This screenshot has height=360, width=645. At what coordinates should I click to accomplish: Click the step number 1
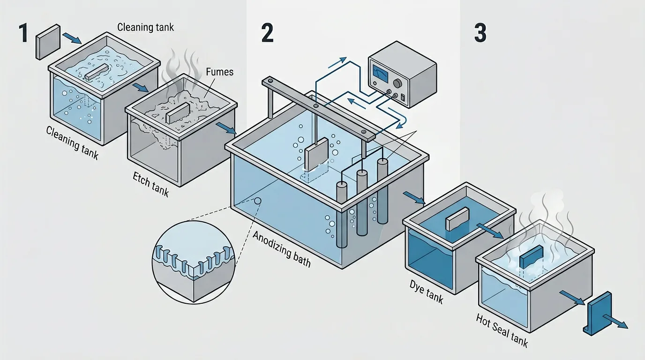point(23,34)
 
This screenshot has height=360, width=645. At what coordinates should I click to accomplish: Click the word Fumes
point(220,72)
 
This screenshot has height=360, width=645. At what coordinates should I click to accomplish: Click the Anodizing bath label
point(281,248)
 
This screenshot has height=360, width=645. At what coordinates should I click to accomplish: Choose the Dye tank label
point(426,291)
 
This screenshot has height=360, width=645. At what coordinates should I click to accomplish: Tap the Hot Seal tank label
point(502,331)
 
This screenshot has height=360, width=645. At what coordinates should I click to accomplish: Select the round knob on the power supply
point(398,83)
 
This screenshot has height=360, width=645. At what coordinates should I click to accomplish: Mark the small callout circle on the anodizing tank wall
point(257,201)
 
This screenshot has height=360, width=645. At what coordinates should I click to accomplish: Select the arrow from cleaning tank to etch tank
point(140,88)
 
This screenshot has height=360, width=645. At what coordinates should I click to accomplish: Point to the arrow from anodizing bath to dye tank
point(415,198)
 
